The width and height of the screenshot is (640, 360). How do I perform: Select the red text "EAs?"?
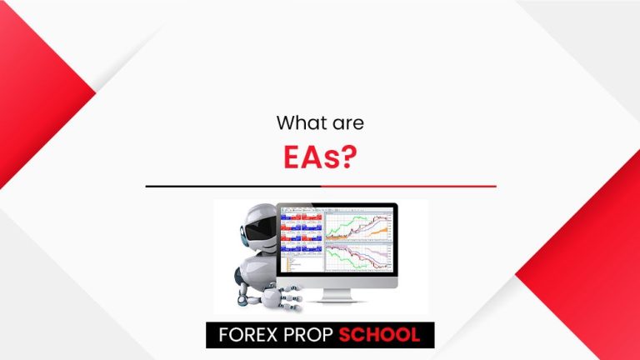[320, 157]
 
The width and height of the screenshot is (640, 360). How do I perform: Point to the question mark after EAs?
[349, 157]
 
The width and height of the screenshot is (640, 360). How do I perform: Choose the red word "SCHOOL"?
[379, 335]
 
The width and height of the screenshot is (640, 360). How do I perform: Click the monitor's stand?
[337, 296]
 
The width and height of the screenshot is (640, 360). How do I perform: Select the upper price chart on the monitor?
[359, 227]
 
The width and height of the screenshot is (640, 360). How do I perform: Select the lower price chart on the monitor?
[359, 257]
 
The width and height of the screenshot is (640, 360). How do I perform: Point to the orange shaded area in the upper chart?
[377, 232]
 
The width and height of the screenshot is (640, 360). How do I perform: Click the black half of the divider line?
[233, 186]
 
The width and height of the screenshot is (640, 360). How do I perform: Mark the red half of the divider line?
[408, 186]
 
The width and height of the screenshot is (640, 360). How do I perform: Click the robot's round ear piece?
[243, 240]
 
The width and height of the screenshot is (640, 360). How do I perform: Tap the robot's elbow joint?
[242, 300]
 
